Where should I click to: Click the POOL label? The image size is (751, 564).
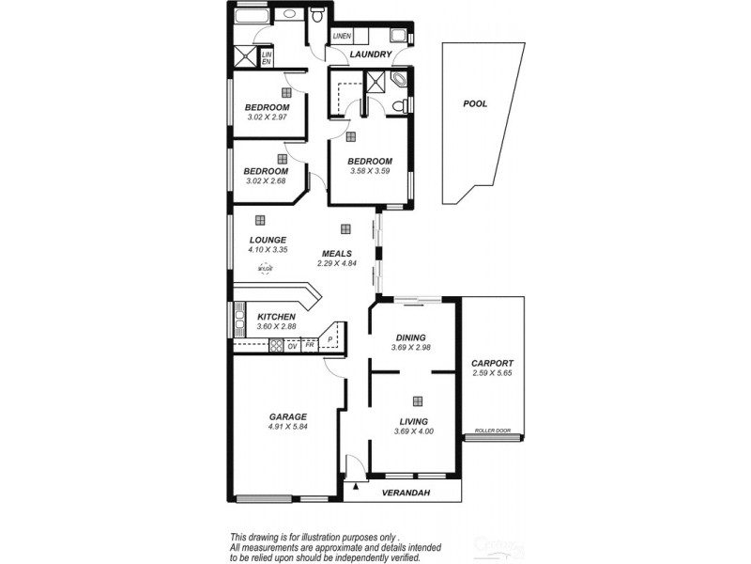pos(475,104)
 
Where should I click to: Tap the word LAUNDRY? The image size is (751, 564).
pos(370,55)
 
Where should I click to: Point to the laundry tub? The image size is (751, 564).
pos(399,36)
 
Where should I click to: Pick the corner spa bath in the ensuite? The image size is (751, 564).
pos(399,81)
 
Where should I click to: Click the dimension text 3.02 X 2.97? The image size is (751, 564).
pos(268,117)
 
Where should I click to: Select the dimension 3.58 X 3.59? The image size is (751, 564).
pos(369,172)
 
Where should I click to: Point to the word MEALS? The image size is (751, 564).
pos(336,254)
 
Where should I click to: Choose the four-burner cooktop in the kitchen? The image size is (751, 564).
pos(277,345)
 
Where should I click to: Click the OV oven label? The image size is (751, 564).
pos(293,345)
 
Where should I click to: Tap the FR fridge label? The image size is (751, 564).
pos(309,345)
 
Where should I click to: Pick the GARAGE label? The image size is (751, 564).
pos(288,416)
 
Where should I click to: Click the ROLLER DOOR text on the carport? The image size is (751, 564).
pos(491,430)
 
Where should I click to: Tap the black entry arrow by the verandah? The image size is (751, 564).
pos(356,488)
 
